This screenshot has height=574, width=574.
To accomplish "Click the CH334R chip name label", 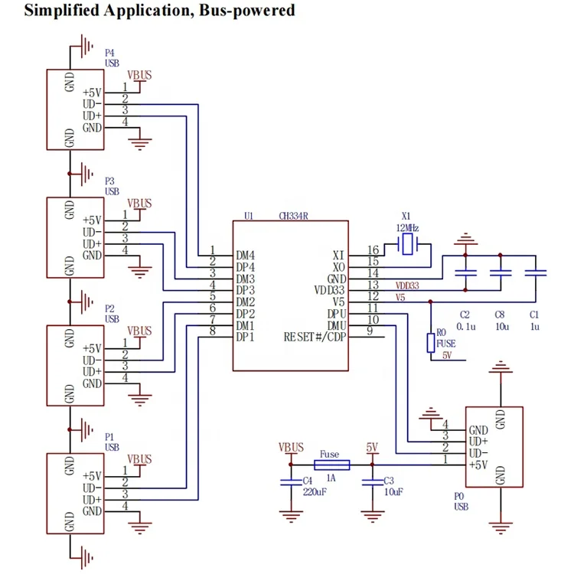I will [x=293, y=216].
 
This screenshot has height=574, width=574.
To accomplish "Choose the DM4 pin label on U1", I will [x=246, y=255].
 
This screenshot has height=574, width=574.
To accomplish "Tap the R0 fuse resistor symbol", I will [x=431, y=342].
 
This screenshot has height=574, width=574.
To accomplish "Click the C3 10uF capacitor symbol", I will [x=373, y=481].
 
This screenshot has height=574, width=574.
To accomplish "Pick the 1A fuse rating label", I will [x=331, y=478].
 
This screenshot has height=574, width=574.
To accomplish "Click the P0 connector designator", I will [x=459, y=496].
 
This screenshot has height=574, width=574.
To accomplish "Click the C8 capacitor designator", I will [x=499, y=315].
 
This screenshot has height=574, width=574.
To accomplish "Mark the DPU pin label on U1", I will [x=336, y=314].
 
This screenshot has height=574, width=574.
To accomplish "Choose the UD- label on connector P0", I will [x=479, y=453].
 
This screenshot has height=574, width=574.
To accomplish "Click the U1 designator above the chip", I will [x=248, y=216].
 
